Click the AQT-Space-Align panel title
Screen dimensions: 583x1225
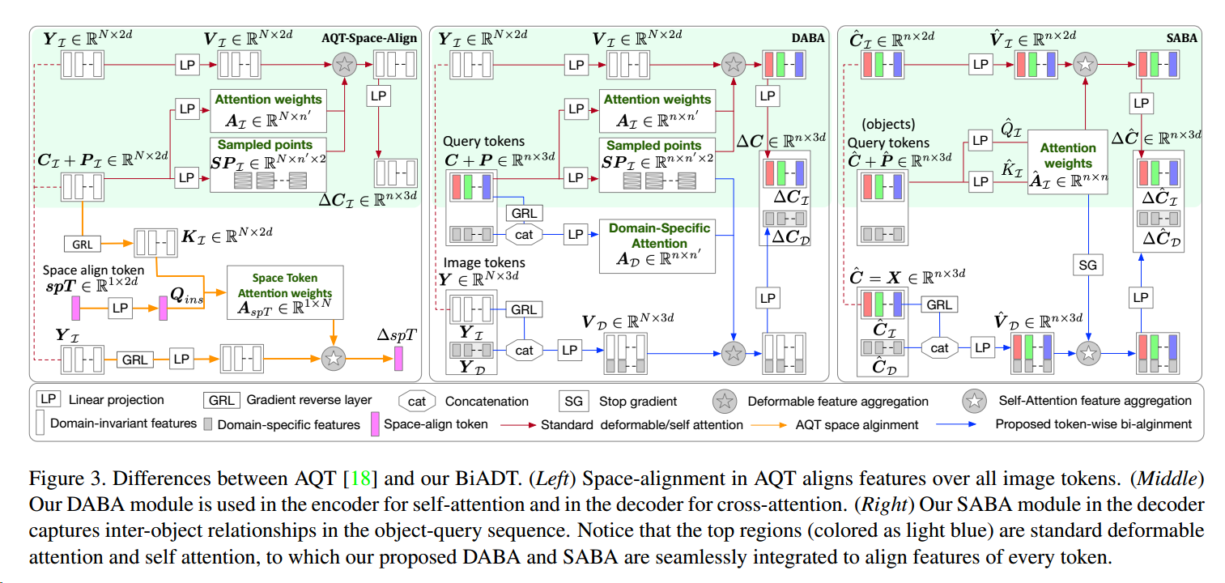pos(369,38)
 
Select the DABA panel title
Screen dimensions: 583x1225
pos(807,38)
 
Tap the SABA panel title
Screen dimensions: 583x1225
pos(1181,37)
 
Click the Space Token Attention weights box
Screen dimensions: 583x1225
pos(284,291)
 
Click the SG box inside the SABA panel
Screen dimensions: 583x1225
pos(1088,264)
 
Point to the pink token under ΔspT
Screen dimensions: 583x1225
pos(398,358)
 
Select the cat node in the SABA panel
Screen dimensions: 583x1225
pos(939,347)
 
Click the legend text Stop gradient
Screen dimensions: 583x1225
pos(639,400)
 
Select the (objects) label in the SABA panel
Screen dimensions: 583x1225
pos(888,125)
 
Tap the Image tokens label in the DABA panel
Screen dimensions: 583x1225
pos(484,262)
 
